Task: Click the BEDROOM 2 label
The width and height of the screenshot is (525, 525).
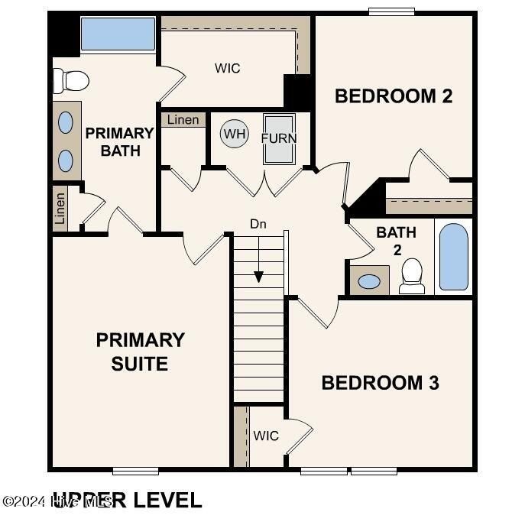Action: point(394,96)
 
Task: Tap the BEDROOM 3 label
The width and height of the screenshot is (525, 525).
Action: point(380,383)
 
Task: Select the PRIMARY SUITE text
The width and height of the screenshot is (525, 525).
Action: point(140,352)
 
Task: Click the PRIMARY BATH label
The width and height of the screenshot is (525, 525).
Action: point(119,142)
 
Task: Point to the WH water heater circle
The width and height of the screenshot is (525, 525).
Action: point(235,135)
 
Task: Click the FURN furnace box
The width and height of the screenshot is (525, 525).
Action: point(279,138)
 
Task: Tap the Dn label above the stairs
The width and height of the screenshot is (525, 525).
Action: point(258,224)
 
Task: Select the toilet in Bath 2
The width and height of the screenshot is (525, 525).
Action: point(412,275)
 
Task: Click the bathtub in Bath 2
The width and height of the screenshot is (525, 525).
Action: point(454,256)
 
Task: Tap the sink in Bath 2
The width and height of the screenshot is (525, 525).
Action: point(369,281)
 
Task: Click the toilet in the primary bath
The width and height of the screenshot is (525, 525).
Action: point(70,79)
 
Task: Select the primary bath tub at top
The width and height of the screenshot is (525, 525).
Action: point(118,34)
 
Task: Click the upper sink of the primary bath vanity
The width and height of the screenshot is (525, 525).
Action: point(66,122)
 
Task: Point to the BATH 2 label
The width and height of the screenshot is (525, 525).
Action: point(395,241)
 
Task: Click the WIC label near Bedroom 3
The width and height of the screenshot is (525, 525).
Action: point(266,436)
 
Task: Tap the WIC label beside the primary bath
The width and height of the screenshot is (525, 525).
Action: point(227,69)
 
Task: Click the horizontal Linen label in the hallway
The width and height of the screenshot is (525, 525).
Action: point(183,120)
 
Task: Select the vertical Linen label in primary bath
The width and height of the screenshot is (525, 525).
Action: point(60,208)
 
